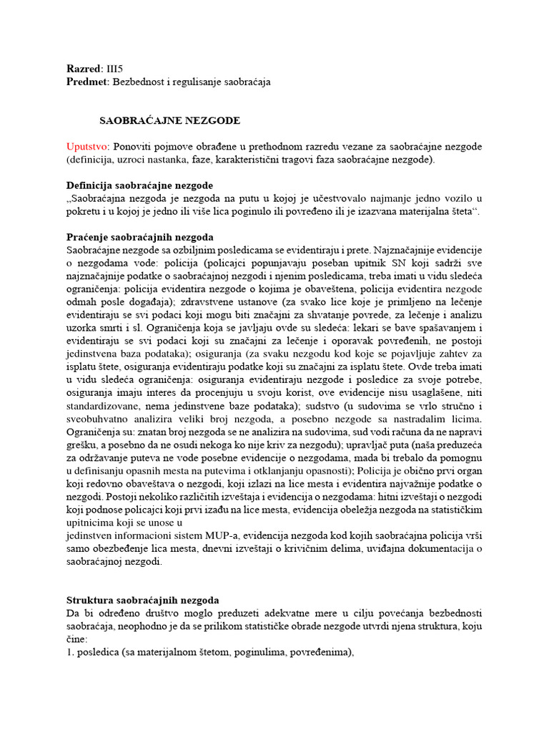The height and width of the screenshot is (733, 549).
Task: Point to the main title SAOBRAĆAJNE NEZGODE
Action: pyautogui.click(x=169, y=120)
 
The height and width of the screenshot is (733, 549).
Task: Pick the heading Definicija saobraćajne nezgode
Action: pyautogui.click(x=139, y=185)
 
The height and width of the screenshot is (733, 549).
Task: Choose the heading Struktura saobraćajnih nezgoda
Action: pyautogui.click(x=142, y=600)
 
